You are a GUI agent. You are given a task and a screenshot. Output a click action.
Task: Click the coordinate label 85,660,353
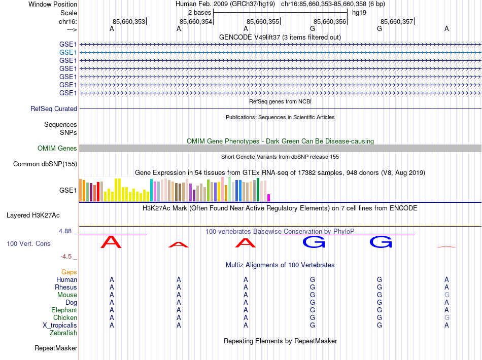point(129,21)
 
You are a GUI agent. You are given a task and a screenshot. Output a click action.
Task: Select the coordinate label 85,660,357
point(397,21)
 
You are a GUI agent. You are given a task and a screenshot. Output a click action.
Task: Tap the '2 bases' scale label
point(199,12)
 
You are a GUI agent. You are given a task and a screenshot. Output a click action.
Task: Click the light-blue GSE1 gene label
point(68,52)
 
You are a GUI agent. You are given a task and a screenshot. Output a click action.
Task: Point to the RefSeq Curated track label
point(54,109)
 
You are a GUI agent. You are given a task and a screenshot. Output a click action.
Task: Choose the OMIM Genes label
point(57,149)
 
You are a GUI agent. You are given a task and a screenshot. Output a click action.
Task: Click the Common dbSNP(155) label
point(45,164)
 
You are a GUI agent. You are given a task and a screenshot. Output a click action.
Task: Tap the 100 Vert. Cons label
point(28,244)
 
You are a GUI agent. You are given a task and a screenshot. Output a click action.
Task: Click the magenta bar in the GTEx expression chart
point(269,198)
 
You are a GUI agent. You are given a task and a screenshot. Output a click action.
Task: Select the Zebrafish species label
point(63,333)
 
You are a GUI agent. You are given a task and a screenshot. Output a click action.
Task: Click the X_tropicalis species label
point(60,326)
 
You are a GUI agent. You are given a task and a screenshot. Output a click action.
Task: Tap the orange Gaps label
point(69,272)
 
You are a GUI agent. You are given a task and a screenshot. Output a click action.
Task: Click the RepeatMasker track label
point(56,348)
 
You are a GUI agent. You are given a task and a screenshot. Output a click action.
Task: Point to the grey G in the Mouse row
point(446,295)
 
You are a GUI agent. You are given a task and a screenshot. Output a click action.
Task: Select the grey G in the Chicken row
point(446,318)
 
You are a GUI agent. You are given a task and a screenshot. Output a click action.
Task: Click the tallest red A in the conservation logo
point(112,242)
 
